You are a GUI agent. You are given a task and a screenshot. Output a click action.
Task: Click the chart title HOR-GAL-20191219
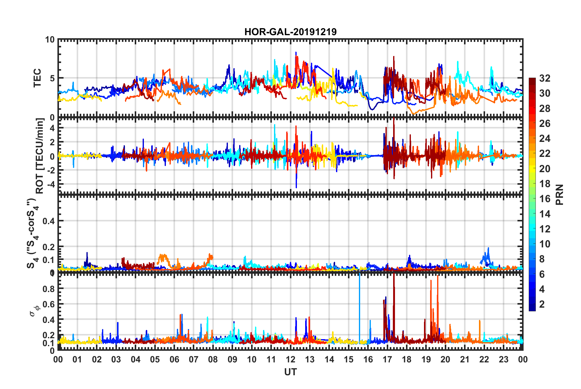coord(290,32)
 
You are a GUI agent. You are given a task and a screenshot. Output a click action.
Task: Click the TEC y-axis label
coord(37,78)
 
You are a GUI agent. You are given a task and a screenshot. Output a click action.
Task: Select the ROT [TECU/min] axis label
coord(40,156)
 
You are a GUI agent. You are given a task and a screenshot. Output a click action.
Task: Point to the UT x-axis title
coord(290,372)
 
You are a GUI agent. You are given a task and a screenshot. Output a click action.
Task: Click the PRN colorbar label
coord(559,195)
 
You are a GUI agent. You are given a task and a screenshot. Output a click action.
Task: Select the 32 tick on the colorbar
coord(545,78)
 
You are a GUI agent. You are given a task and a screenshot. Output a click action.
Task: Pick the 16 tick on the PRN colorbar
coord(545,199)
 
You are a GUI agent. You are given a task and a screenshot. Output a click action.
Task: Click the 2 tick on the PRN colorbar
coord(542,304)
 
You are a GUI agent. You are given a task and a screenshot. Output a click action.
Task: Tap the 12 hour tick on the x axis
coord(290,359)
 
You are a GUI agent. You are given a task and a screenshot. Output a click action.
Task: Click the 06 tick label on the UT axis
coord(174,359)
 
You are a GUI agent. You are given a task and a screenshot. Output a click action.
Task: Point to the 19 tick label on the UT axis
coord(426,359)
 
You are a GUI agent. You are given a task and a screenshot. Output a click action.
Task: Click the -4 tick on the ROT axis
coord(50,184)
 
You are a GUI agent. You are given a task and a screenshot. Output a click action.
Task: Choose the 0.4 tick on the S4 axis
coord(49,221)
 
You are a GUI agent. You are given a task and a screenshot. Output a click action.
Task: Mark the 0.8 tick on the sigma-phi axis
coord(49,288)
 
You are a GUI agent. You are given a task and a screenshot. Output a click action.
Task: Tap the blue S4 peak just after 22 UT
coord(488,249)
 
